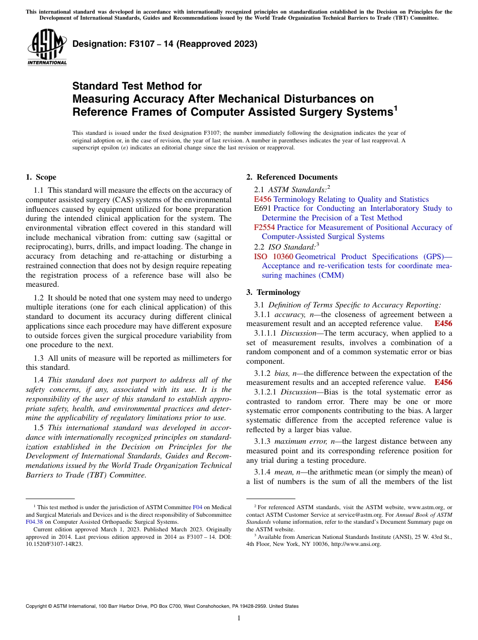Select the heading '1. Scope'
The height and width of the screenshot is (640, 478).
pyautogui.click(x=41, y=177)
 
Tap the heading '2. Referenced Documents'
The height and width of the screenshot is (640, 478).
pyautogui.click(x=291, y=177)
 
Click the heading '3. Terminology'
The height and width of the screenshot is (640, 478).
pyautogui.click(x=273, y=292)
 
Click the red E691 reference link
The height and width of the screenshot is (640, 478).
pyautogui.click(x=263, y=208)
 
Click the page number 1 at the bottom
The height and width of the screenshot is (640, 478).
pyautogui.click(x=239, y=618)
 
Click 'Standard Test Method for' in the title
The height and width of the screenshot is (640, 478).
pyautogui.click(x=137, y=86)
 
